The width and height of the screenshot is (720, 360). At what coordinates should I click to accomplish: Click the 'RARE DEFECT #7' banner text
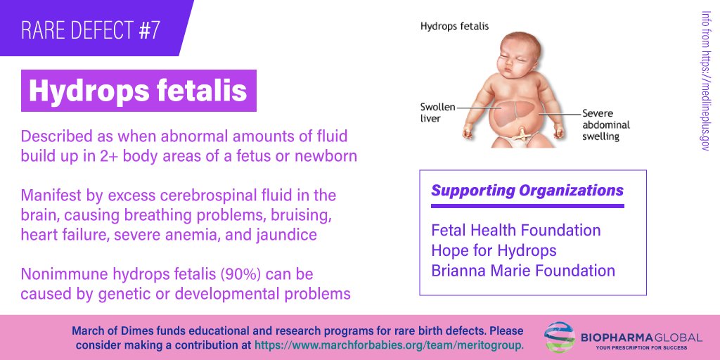point(90,30)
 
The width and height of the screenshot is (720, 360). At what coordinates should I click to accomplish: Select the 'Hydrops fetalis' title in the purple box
point(138,90)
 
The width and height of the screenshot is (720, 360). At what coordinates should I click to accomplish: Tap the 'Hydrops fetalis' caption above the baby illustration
point(454,27)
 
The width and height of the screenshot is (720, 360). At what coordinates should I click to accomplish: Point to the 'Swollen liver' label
point(437,112)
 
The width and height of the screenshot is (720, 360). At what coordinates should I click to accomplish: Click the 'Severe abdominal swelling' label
point(605,124)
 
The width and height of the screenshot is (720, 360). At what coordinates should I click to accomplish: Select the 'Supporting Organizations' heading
point(527,191)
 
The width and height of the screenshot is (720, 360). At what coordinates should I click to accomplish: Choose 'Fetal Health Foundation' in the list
point(515,230)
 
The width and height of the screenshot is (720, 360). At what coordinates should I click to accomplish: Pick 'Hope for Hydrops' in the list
point(494,250)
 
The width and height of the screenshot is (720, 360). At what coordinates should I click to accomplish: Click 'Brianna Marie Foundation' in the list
point(523,271)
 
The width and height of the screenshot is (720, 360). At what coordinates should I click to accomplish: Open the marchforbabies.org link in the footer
point(389,345)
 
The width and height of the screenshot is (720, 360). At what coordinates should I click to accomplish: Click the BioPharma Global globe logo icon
point(560,338)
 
